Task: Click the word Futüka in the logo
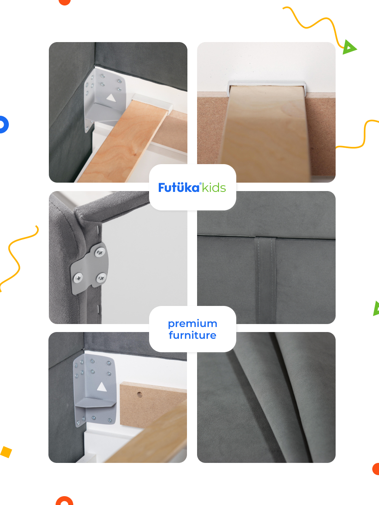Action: coord(179,187)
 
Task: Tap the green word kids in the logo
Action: coord(214,188)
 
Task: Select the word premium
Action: coord(192,324)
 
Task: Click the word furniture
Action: coord(192,335)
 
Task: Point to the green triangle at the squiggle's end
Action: coord(349,47)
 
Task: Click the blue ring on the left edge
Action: coord(5,125)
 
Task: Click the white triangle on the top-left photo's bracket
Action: coord(111,98)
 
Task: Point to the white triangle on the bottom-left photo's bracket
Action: coord(102,386)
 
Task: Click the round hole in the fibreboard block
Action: coord(140,395)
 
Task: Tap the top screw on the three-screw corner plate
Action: coord(100,252)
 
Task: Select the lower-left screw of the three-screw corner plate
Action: coord(78,278)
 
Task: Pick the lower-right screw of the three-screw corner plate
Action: coord(101,278)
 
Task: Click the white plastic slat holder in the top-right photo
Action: coord(267,86)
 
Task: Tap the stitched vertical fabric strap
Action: coord(265,279)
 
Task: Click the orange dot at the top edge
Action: coord(65,2)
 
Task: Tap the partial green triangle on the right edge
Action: coord(376,308)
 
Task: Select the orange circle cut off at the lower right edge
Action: coord(376,469)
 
